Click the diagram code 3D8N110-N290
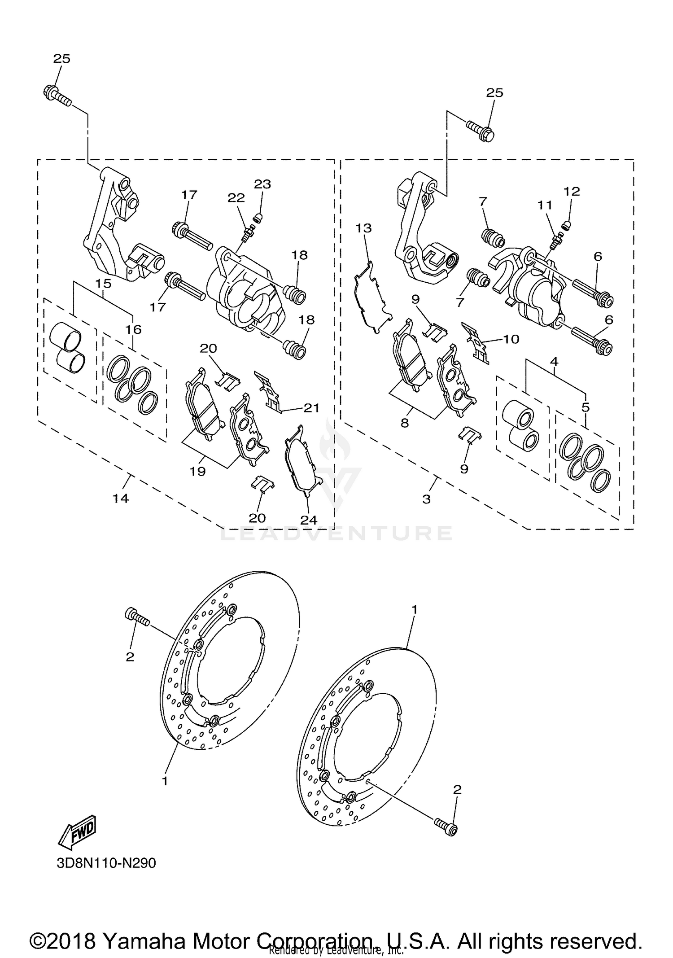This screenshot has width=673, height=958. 106,863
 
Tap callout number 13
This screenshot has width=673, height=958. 363,228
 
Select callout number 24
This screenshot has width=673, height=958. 309,520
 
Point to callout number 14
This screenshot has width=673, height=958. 120,498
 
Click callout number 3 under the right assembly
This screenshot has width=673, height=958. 426,499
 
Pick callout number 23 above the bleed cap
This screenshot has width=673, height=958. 262,184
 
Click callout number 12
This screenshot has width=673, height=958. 572,192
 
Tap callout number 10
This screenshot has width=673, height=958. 511,339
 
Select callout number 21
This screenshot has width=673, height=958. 311,407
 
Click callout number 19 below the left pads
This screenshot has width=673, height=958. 197,471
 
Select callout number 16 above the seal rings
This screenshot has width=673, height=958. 133,329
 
